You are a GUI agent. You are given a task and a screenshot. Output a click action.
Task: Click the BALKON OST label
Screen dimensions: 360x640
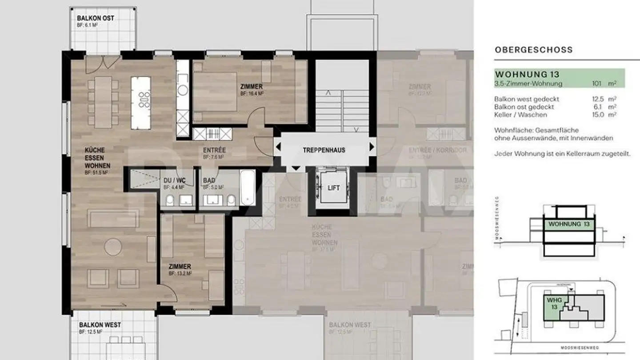click(x=96, y=18)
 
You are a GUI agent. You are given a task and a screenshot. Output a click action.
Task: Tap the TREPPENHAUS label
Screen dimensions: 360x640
click(x=324, y=150)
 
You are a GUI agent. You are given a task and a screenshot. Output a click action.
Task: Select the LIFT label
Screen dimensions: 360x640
click(x=334, y=188)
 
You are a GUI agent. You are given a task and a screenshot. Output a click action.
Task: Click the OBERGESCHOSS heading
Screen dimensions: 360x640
click(x=534, y=50)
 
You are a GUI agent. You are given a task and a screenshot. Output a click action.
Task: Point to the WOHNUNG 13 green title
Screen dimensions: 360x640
click(x=527, y=74)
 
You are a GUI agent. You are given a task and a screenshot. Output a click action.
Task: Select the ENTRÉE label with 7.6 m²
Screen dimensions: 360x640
click(x=214, y=150)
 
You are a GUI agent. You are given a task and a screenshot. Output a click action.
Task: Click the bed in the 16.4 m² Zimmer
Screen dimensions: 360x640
click(x=216, y=91)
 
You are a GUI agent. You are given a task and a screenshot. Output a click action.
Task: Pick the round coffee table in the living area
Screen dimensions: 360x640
click(x=113, y=247)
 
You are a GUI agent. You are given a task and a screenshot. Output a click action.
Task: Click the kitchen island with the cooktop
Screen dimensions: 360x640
click(x=141, y=102)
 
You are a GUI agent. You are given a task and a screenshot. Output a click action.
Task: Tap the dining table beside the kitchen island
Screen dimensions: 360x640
click(x=103, y=102)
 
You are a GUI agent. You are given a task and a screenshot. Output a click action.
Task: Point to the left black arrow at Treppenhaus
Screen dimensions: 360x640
click(x=277, y=146)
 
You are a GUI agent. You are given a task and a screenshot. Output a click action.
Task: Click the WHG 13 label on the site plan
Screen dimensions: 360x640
click(x=554, y=304)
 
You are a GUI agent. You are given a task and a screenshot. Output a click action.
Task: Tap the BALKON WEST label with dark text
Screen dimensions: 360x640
click(x=100, y=325)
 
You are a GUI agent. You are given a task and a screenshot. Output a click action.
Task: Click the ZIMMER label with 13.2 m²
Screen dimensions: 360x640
click(x=180, y=267)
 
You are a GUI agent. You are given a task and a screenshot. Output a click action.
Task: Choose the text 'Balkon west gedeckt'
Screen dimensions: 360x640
click(x=527, y=99)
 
